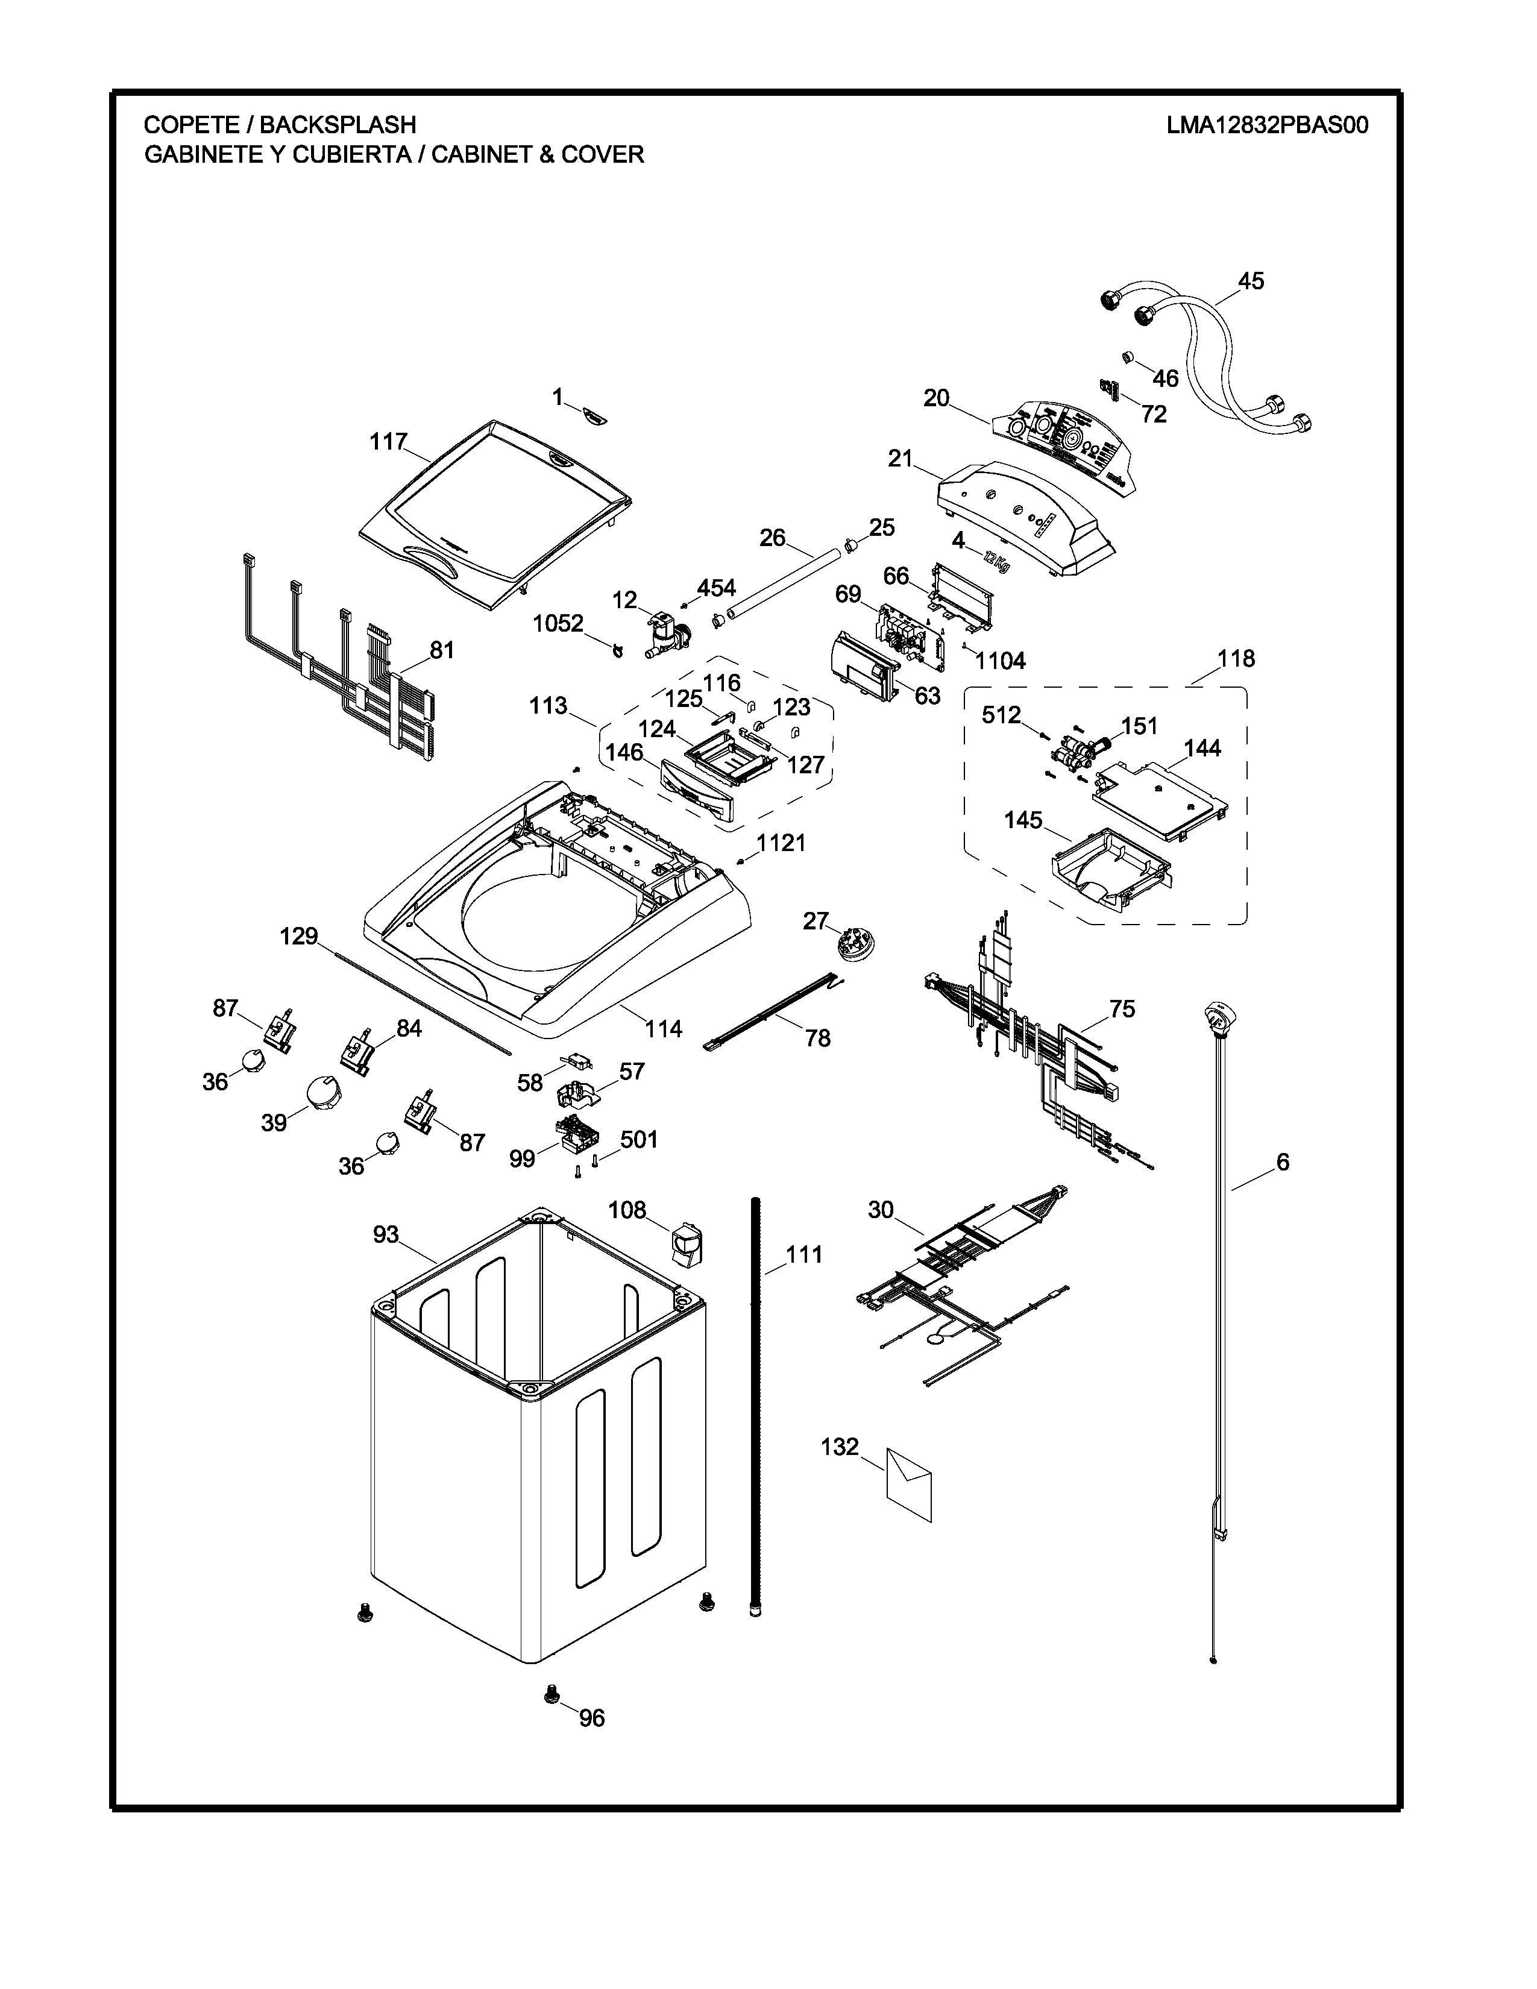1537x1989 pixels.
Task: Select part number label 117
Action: coord(388,442)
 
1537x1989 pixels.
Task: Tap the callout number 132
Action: coord(840,1446)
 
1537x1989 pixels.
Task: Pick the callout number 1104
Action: coord(1001,661)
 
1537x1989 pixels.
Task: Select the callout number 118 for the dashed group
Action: coord(1236,658)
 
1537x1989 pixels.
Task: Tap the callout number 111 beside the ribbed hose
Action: coord(804,1254)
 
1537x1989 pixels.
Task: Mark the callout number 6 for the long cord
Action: coord(1282,1161)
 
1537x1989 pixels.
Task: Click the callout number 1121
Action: coord(781,843)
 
